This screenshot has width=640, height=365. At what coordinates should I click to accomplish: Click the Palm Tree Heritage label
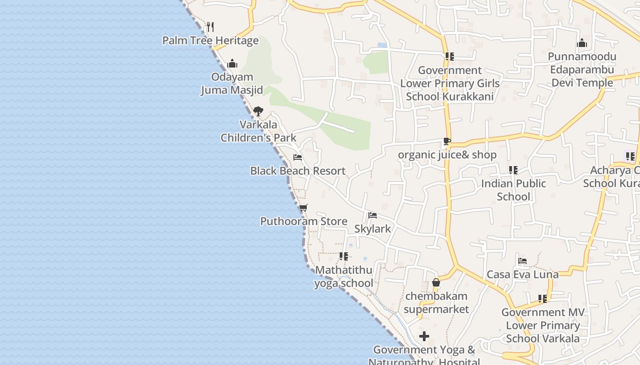[210, 41]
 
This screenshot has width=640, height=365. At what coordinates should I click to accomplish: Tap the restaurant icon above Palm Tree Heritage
[210, 26]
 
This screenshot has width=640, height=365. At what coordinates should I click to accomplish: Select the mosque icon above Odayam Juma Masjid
[232, 63]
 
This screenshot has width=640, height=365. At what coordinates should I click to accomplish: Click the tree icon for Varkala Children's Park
[258, 111]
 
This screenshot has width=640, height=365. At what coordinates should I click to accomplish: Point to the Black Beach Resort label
[298, 171]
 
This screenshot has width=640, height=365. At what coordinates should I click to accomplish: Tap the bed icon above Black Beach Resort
[298, 158]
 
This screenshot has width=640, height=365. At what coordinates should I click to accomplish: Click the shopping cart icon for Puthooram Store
[304, 208]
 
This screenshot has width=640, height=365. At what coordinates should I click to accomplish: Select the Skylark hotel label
[373, 229]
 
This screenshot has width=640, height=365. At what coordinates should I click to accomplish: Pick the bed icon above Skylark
[373, 215]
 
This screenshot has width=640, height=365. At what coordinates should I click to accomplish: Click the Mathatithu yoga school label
[344, 276]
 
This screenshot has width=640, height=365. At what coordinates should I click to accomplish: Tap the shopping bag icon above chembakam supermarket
[436, 283]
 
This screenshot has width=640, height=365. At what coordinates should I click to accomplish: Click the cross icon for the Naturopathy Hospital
[424, 337]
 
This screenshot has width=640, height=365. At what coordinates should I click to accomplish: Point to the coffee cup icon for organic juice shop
[447, 141]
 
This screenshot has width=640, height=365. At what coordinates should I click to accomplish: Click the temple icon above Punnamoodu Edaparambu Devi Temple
[582, 43]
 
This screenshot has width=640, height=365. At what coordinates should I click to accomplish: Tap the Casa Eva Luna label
[523, 274]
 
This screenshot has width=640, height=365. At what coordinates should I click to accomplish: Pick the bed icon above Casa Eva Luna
[523, 261]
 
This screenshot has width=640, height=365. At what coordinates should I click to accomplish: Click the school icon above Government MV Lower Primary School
[543, 299]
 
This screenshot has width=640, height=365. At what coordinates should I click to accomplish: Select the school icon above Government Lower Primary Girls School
[450, 57]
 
